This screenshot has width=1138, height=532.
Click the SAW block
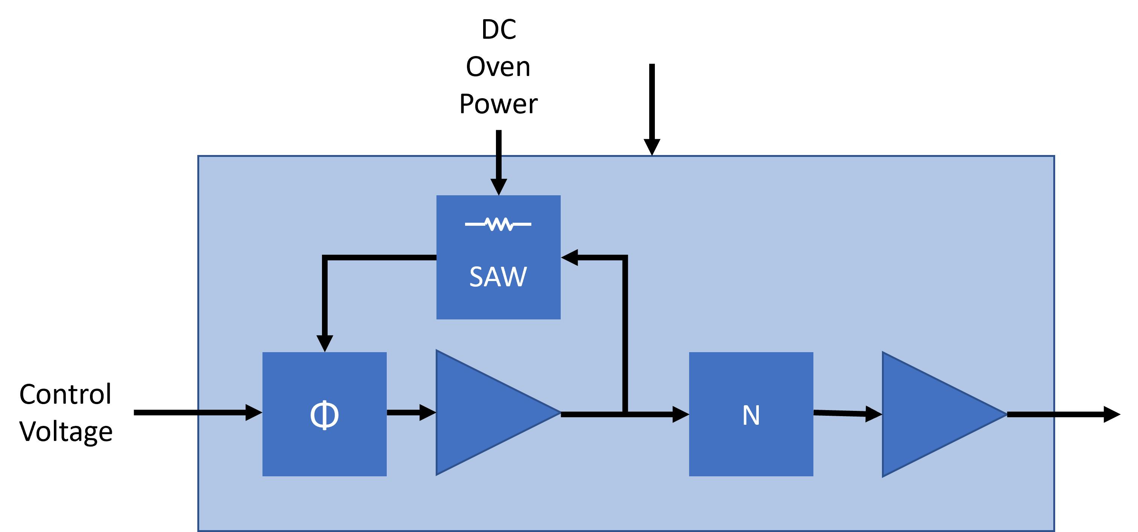(498, 283)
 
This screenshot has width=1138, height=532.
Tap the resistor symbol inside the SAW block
(498, 224)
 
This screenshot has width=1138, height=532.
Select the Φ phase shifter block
(324, 414)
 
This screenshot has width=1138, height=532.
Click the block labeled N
(751, 414)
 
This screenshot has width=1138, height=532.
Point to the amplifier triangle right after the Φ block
(486, 413)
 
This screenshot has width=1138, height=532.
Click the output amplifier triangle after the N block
(932, 414)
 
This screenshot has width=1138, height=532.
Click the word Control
(66, 394)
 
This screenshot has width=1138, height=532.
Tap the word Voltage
(66, 431)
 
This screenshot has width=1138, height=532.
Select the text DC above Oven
(498, 30)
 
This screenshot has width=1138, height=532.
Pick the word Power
(498, 104)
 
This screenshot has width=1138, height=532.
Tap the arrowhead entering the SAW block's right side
(570, 257)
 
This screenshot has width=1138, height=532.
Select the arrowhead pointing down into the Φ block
(325, 343)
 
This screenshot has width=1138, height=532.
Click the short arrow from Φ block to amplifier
(411, 412)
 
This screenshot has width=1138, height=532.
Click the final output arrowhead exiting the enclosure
(1111, 414)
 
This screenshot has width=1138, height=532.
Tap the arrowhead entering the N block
(680, 414)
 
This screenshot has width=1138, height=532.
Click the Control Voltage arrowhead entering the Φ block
(253, 412)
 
